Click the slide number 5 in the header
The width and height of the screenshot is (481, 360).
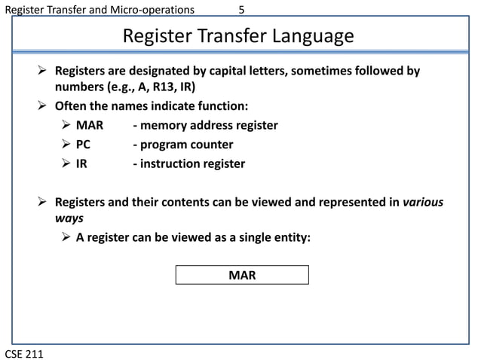click(x=241, y=10)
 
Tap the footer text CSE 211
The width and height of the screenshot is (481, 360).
click(x=24, y=352)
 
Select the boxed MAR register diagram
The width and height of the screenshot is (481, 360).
click(x=242, y=275)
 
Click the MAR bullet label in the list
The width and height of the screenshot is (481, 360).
click(x=90, y=125)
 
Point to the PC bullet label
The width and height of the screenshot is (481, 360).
click(x=84, y=144)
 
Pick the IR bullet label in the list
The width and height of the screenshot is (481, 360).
click(x=81, y=163)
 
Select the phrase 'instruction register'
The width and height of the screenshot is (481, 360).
click(x=192, y=163)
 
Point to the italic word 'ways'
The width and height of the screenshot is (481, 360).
click(x=69, y=218)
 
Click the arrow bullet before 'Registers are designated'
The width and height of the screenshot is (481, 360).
click(x=44, y=71)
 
